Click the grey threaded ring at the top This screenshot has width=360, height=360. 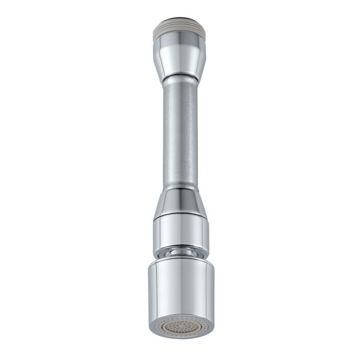coord(180,28)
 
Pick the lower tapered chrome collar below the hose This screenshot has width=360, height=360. coord(180,202)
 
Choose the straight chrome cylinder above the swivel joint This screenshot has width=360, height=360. coord(180,231)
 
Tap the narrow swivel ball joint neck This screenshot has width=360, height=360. coord(180,252)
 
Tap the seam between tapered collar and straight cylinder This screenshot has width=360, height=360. coord(180,216)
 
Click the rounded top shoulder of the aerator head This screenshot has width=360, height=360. coord(180,261)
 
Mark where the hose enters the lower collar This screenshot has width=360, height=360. coord(180,188)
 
